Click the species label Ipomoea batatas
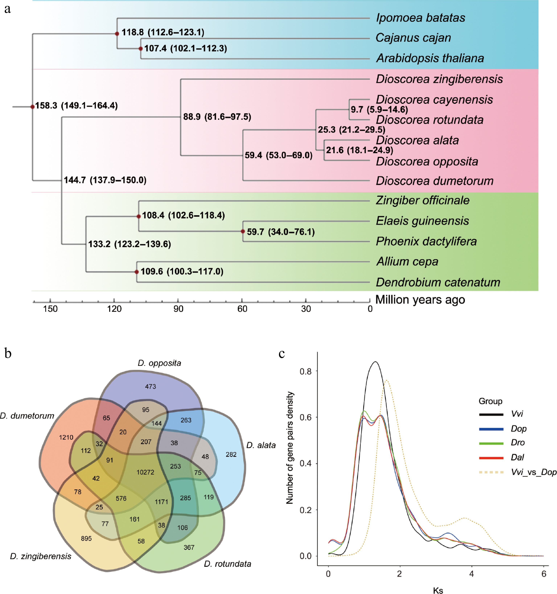tap(420, 18)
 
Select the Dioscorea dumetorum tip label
tap(434, 181)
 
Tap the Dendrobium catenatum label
tap(437, 282)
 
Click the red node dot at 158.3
tap(32, 107)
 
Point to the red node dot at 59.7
tap(243, 232)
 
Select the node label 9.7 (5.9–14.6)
tap(379, 110)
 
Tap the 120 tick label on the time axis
tap(114, 309)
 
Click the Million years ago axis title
tap(420, 300)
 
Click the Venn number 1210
tap(66, 437)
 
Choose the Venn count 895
tap(86, 538)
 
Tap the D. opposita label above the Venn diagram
tap(159, 363)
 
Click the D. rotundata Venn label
tap(228, 564)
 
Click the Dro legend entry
tap(518, 442)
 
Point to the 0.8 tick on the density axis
tap(306, 371)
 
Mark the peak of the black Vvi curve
tap(375, 362)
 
